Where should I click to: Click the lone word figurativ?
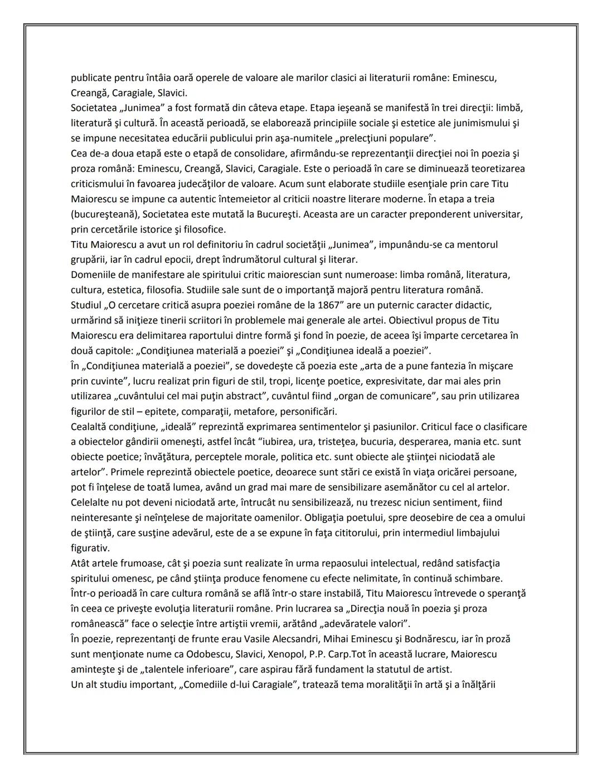[90, 548]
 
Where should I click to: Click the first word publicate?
[93, 77]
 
